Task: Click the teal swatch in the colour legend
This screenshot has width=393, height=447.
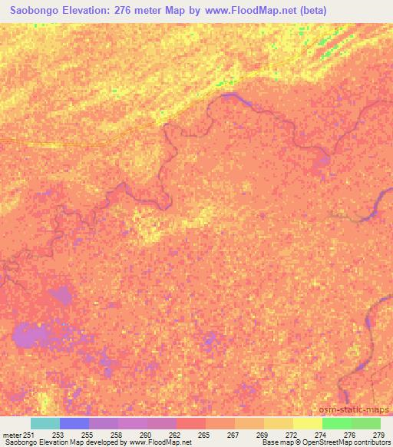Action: coord(45,423)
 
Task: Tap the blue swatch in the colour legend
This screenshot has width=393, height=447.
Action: coord(74,423)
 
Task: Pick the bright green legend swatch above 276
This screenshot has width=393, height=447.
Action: coord(337,423)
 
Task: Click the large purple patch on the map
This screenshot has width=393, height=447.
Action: coord(32,334)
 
